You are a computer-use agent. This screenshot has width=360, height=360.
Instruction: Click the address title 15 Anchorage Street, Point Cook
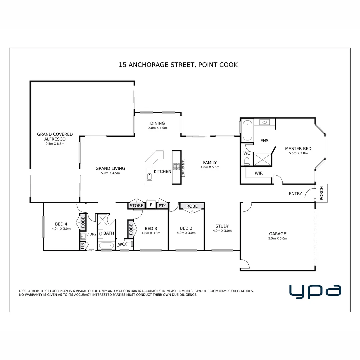point(178,65)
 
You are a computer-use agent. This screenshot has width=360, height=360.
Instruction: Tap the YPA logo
point(315,291)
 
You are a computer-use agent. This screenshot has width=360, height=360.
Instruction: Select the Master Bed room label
point(298,149)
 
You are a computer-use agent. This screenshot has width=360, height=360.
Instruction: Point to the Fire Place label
point(183,168)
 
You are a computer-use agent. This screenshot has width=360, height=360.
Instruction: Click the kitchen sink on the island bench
point(150,177)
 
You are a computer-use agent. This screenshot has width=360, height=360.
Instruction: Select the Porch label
point(322,193)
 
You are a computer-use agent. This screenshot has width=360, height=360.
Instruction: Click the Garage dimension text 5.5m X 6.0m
point(277,239)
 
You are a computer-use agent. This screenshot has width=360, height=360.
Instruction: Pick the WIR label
point(259,173)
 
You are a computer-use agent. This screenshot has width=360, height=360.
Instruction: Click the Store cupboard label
point(136,206)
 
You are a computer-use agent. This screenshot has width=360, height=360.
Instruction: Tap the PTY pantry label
point(162,206)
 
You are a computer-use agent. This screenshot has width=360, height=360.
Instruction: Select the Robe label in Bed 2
point(192,206)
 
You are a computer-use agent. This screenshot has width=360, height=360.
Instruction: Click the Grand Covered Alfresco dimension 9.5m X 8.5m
point(55,144)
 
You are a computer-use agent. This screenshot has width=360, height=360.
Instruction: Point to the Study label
point(222,226)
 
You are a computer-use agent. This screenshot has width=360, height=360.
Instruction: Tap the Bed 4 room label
point(61,224)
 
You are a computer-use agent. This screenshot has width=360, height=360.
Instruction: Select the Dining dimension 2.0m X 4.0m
point(157,128)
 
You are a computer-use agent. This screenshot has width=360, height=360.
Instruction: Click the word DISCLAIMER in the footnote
point(29,291)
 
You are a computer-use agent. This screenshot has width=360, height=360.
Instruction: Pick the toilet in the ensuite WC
point(247,162)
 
